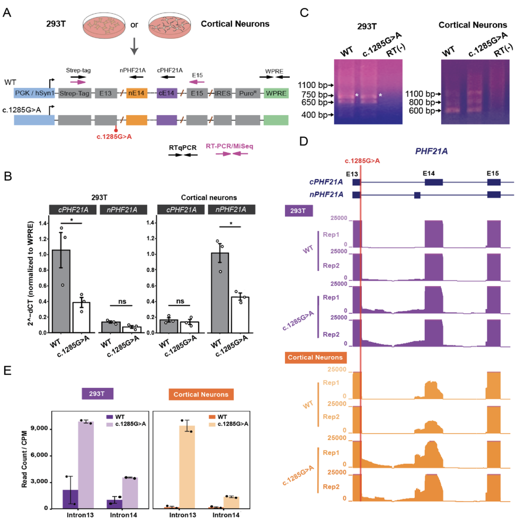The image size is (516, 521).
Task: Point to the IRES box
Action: (x=221, y=92)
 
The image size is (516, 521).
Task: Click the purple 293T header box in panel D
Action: (x=299, y=210)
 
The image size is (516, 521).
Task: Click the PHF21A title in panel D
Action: (x=432, y=151)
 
